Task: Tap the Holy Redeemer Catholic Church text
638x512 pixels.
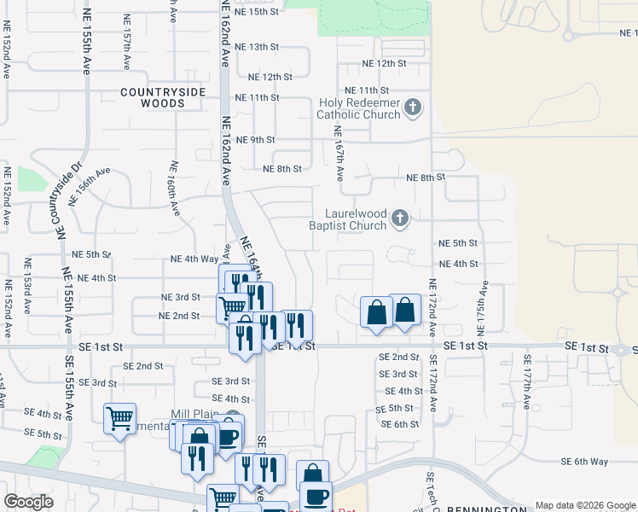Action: tap(359, 109)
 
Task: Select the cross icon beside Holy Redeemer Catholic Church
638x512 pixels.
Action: tap(413, 108)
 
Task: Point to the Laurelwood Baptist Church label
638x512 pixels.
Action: tap(356, 220)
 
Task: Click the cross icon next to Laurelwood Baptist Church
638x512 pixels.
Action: tap(399, 220)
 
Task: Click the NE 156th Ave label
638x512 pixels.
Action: tap(90, 185)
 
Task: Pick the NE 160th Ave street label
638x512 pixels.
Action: tap(174, 187)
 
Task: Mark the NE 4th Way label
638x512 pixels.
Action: tap(194, 259)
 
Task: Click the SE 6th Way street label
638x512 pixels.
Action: tap(584, 461)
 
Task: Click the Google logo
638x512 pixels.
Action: tap(29, 502)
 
